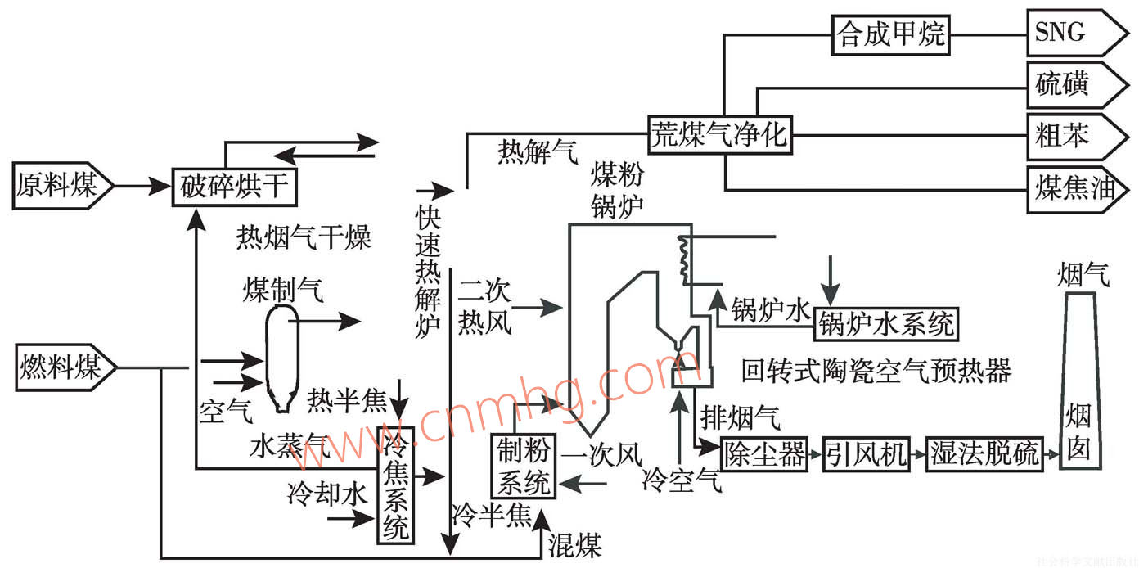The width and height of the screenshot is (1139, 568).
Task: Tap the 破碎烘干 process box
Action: tap(234, 187)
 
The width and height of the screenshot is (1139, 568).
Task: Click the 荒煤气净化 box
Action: tap(720, 134)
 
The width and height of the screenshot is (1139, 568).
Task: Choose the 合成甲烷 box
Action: tap(890, 34)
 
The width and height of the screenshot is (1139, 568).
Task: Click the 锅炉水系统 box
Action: tap(886, 325)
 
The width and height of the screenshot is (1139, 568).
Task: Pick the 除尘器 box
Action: tap(764, 453)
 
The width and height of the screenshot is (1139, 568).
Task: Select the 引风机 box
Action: tap(867, 453)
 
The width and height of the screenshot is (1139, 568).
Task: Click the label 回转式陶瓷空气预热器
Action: tap(876, 372)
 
